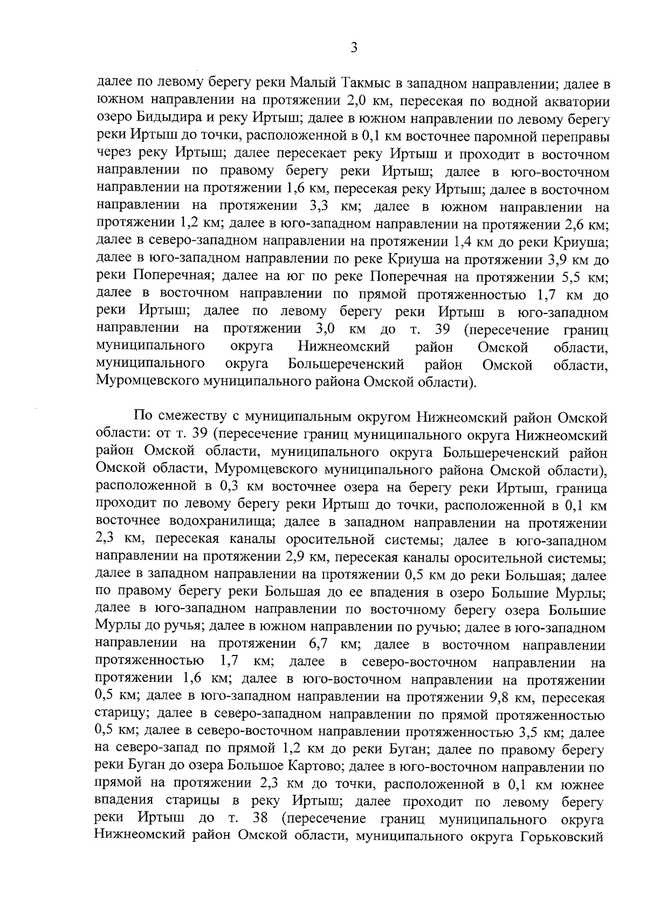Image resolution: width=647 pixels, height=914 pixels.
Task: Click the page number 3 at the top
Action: pyautogui.click(x=353, y=48)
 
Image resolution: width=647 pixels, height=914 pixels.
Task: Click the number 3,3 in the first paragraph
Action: pyautogui.click(x=324, y=207)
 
